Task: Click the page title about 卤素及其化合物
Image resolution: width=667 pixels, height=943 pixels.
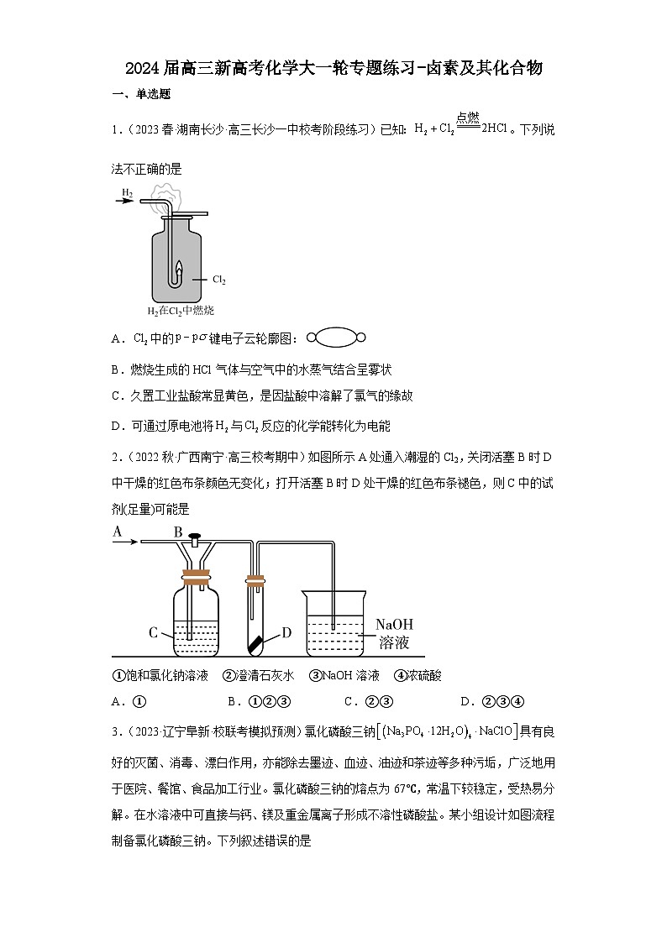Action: (x=333, y=68)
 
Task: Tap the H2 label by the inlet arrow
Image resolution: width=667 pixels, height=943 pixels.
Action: (x=128, y=192)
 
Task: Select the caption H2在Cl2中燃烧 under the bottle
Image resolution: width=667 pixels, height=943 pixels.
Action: (x=181, y=311)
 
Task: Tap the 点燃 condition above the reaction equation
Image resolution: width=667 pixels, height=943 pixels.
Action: (x=467, y=118)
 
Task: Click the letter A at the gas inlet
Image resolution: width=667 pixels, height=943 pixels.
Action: (x=118, y=531)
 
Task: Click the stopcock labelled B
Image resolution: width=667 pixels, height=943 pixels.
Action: (x=195, y=538)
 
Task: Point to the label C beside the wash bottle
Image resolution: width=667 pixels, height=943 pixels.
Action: (x=154, y=632)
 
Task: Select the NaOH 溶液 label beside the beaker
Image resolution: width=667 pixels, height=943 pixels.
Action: (x=394, y=634)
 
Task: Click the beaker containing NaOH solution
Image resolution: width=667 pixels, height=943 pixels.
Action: (x=334, y=626)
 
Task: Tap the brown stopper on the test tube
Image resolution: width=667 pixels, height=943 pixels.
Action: (x=255, y=579)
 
